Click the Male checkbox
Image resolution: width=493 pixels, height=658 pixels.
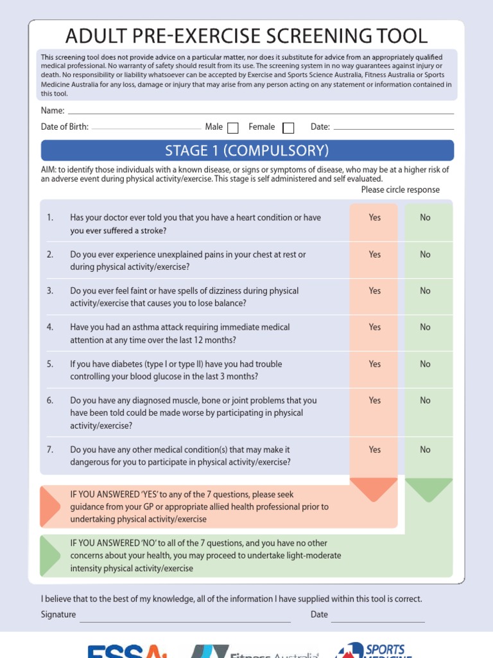(x=233, y=127)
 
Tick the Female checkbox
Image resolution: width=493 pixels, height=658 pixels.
(x=288, y=127)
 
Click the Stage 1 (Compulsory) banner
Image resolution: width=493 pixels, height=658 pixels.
(x=247, y=150)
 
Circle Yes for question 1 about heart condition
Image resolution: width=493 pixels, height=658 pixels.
(x=375, y=218)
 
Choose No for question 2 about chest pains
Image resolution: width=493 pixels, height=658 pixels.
(x=425, y=254)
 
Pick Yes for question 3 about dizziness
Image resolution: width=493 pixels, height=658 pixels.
(x=375, y=291)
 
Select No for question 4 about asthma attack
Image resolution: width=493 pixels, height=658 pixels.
(x=425, y=327)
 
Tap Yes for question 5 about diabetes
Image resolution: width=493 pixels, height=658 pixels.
(x=375, y=364)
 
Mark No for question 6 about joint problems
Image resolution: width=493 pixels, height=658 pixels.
(x=425, y=400)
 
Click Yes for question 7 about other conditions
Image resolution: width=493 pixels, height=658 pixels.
(x=375, y=450)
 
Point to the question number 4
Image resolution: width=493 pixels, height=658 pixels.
(x=50, y=327)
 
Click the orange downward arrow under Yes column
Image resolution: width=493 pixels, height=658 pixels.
(x=374, y=490)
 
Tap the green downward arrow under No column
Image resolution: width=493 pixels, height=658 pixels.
(x=429, y=490)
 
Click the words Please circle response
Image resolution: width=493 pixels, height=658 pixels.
(x=400, y=190)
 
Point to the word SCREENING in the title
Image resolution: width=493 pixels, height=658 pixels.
(x=302, y=36)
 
